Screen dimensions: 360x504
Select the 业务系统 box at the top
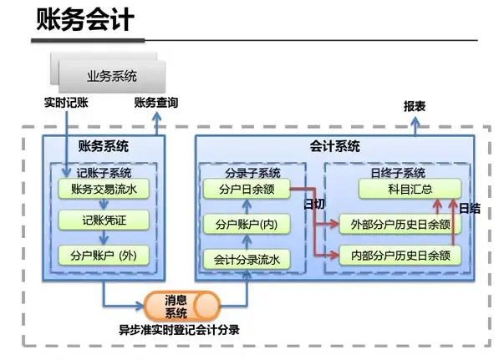coord(112,77)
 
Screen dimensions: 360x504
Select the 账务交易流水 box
coord(104,190)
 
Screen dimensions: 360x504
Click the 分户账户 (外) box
coord(104,256)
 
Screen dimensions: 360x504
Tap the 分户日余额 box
coord(247,190)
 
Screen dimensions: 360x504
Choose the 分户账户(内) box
coord(247,224)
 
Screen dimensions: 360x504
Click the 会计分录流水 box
coord(247,259)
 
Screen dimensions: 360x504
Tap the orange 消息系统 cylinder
coord(177,306)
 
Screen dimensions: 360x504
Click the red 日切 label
coord(313,205)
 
